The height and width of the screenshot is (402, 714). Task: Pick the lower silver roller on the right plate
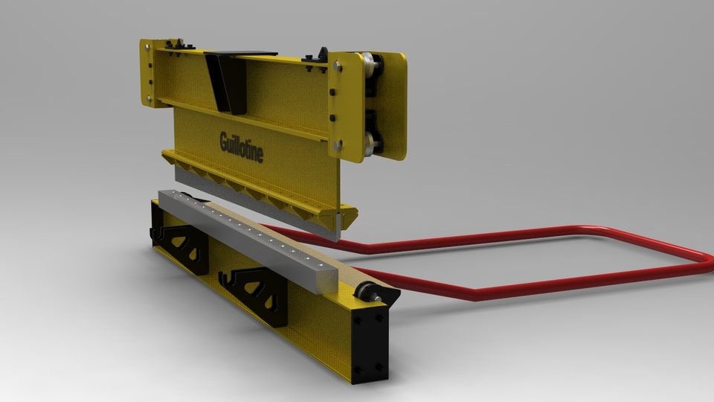(370, 140)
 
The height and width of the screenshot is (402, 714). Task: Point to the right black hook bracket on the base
(257, 293)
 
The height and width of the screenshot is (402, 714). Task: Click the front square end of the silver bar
(325, 277)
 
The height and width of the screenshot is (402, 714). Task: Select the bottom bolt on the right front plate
(340, 146)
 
